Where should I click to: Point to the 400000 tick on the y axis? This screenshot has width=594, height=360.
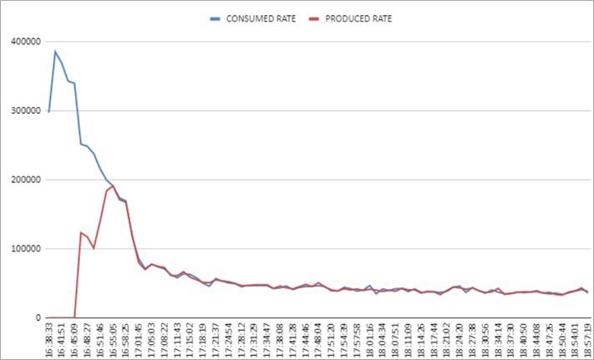pos(26,41)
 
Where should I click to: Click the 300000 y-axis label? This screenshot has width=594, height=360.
pos(26,110)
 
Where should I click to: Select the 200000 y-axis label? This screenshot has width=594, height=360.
pos(26,180)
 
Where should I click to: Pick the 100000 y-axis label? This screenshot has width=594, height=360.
pos(26,249)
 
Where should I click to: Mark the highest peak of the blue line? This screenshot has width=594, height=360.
pos(55,52)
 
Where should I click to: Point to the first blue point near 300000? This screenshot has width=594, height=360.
pos(49,111)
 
